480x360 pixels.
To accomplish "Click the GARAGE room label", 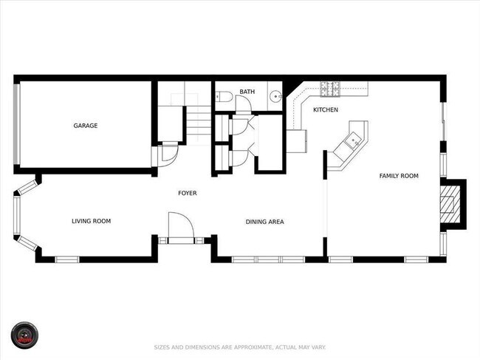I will tap(85, 126).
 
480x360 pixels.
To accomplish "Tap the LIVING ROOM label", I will tap(91, 221).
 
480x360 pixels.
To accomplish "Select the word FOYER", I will tap(188, 193).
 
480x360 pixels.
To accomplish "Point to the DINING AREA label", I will tap(264, 221).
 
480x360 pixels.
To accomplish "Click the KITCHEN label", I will tap(325, 110).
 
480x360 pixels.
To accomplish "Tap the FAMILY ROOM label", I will tap(399, 176).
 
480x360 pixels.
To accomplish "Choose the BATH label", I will tap(247, 92).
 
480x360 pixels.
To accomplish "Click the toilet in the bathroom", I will tap(224, 95).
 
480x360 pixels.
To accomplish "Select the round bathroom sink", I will tap(274, 95).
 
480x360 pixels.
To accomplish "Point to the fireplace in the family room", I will tap(450, 203).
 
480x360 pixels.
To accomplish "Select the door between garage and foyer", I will tap(167, 154).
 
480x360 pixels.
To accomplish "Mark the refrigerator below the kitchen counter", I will tap(296, 140).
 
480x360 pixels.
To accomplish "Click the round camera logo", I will tap(24, 335).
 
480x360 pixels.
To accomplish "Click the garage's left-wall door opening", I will tap(16, 123).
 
